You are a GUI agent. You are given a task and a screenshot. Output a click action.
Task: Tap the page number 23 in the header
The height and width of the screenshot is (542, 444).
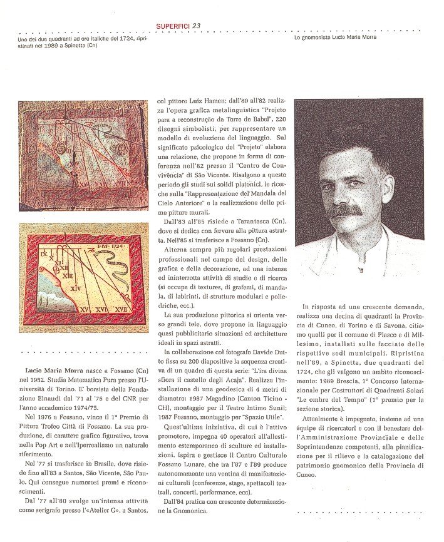pos(196,26)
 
